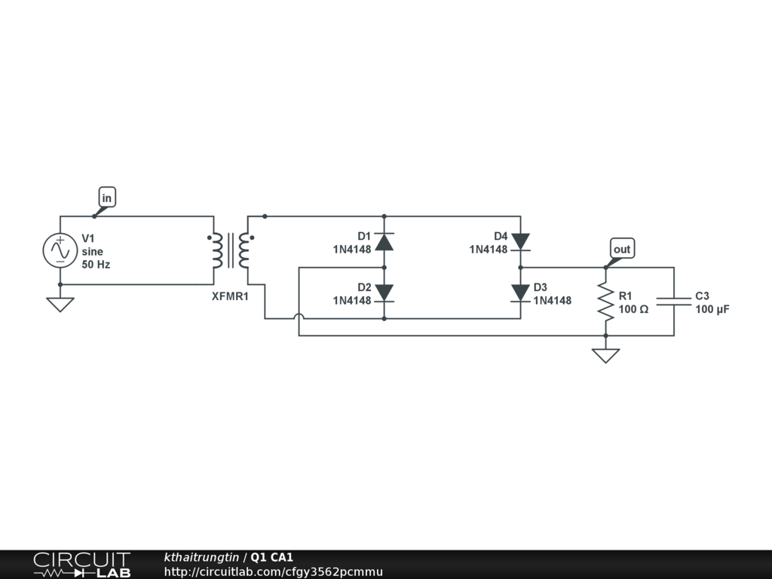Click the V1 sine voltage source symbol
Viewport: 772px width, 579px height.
tap(60, 250)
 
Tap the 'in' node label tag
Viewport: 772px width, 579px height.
tap(107, 198)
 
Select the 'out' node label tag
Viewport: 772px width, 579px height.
tap(622, 250)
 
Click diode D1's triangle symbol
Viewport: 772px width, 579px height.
tap(384, 242)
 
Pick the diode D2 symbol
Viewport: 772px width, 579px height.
tap(384, 293)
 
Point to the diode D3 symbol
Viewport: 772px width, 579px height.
tap(520, 293)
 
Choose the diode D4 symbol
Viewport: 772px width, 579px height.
tap(520, 241)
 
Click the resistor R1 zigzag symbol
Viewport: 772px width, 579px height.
tap(605, 301)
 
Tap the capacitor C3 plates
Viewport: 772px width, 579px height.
tap(673, 301)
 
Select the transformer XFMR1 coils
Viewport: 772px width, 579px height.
tap(230, 250)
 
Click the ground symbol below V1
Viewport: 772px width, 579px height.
tap(60, 304)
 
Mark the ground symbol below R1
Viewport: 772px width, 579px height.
tap(605, 355)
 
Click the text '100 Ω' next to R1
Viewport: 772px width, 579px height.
tap(633, 309)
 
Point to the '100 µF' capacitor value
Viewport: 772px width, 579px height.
tap(712, 309)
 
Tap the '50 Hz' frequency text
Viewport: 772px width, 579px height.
tap(96, 265)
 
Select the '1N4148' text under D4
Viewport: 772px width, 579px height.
tap(489, 249)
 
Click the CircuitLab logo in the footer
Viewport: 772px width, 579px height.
tap(81, 565)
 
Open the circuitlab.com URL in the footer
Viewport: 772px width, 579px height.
tap(274, 571)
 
